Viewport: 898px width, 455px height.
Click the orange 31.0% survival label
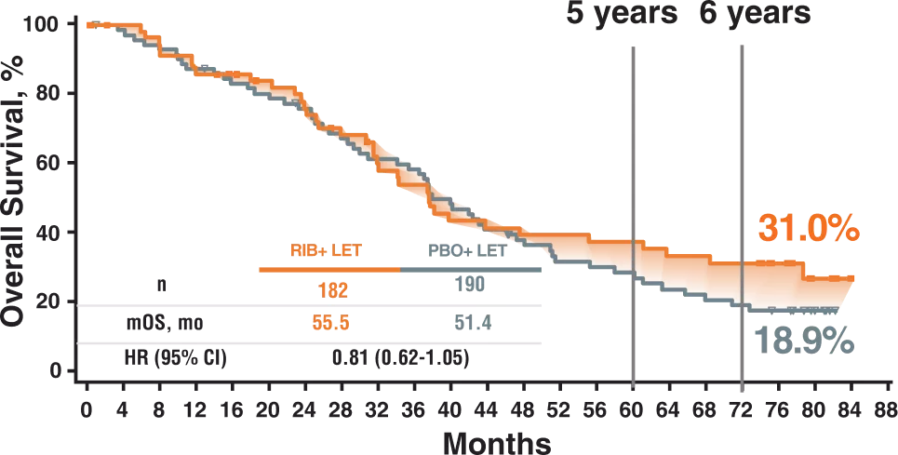(807, 229)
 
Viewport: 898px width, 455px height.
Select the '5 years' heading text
(623, 14)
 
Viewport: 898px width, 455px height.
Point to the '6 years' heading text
(755, 13)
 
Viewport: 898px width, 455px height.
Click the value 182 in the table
(331, 290)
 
